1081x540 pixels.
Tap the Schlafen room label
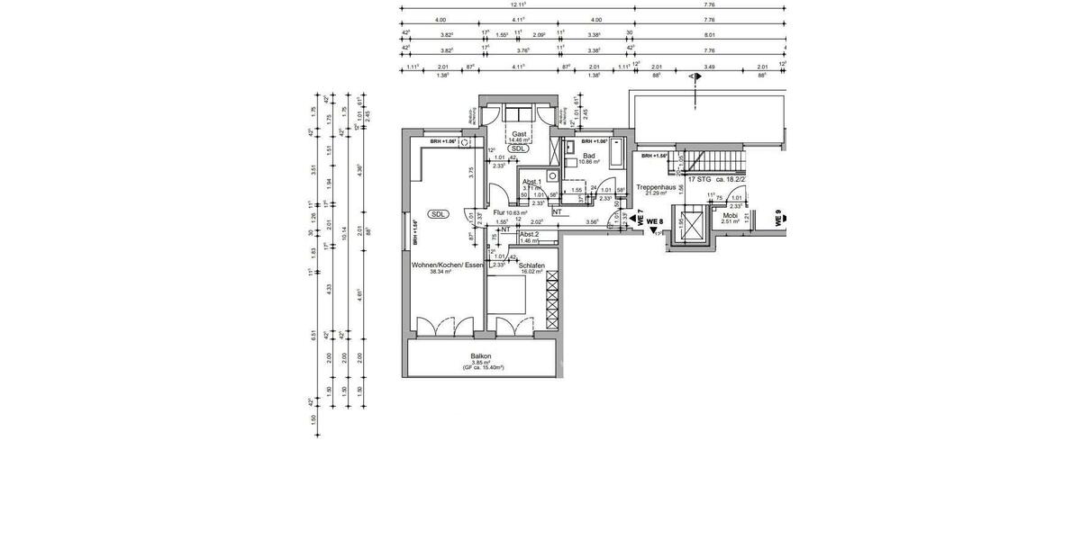pos(531,265)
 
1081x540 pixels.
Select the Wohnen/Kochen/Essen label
pos(448,265)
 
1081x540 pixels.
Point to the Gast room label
pos(519,133)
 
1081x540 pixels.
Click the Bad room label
pos(589,156)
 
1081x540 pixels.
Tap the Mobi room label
pos(730,215)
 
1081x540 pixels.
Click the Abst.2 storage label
pos(529,234)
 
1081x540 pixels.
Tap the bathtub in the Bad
pos(616,154)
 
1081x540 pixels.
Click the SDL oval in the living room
pos(438,214)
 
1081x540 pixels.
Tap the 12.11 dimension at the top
pos(517,5)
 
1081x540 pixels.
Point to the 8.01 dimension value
pos(708,34)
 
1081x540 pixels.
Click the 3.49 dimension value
pos(710,67)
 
